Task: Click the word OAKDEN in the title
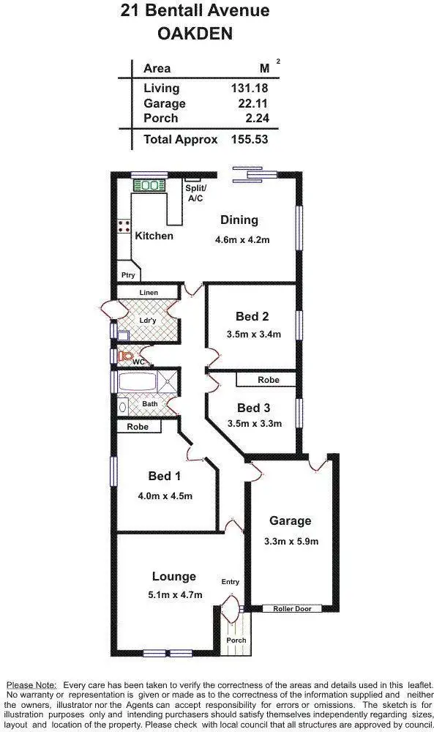click(x=194, y=34)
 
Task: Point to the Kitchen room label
click(x=154, y=236)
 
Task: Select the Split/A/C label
click(x=195, y=193)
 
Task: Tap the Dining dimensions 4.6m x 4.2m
click(x=242, y=239)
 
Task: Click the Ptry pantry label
click(x=128, y=275)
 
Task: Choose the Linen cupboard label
click(x=149, y=293)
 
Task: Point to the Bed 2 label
click(x=252, y=317)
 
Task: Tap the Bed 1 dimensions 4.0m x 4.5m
click(x=165, y=496)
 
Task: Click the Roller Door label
click(x=291, y=608)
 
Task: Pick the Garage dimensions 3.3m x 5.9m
click(x=291, y=542)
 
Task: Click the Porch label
click(x=236, y=640)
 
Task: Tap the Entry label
click(x=230, y=582)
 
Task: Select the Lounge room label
click(x=174, y=576)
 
